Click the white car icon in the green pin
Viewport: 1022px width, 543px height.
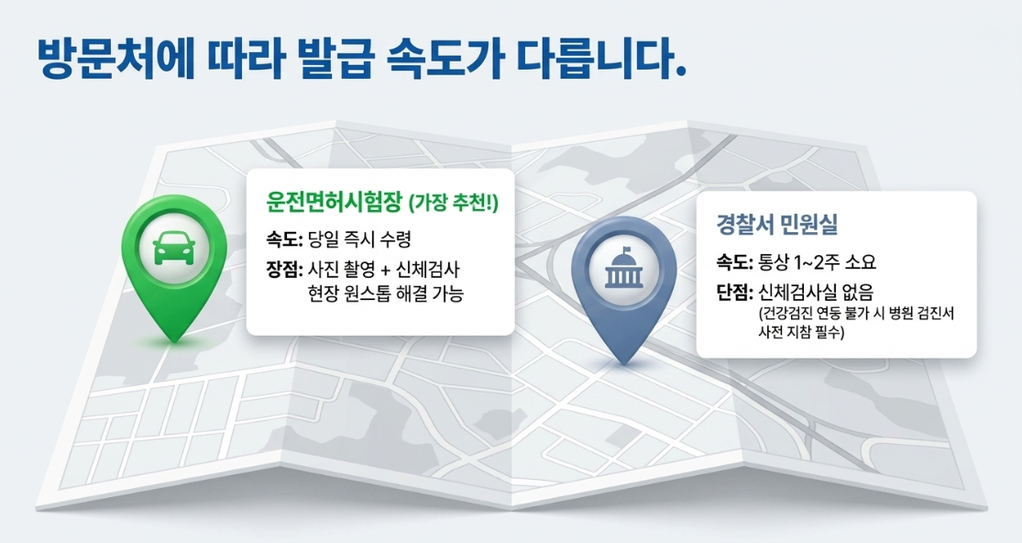[174, 249]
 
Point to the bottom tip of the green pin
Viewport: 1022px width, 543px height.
[174, 340]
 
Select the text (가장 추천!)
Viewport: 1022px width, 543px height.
[453, 204]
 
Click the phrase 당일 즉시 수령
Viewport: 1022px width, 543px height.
[360, 239]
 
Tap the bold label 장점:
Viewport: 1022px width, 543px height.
[284, 270]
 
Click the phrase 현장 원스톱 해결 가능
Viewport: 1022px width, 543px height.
[385, 294]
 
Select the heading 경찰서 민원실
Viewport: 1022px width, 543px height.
[777, 225]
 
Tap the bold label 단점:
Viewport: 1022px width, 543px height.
[734, 293]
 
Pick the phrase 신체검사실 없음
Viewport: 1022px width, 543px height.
[816, 293]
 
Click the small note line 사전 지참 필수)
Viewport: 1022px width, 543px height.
[801, 332]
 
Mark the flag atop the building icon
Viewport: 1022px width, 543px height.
[627, 249]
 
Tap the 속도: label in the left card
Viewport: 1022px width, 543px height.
[284, 240]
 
